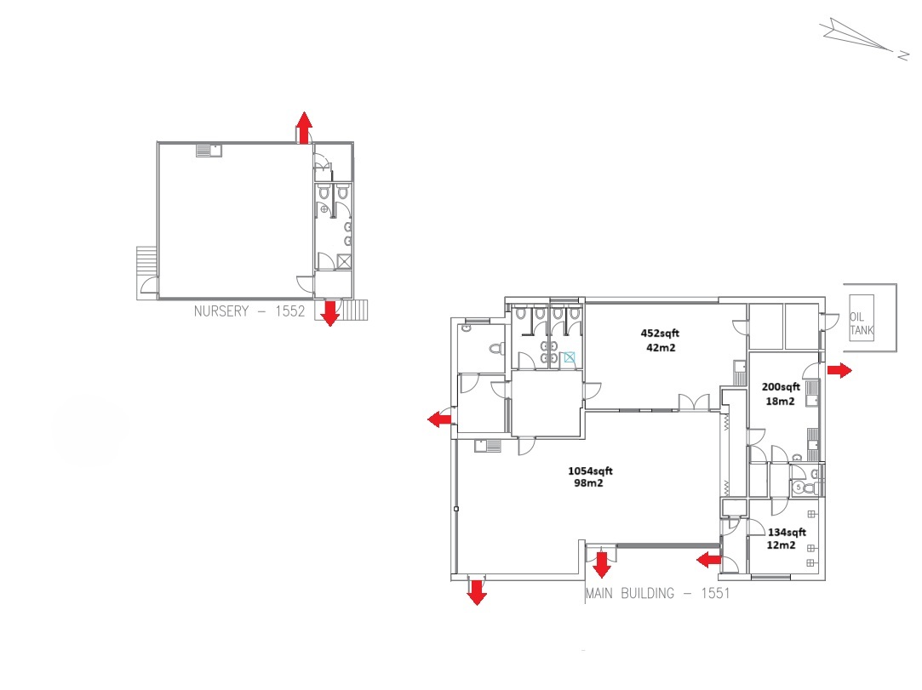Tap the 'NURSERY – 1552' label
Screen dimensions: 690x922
point(249,311)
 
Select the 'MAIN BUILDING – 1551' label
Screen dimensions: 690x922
point(656,593)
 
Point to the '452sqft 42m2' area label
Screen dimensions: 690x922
point(660,340)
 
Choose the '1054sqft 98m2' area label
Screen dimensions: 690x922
point(590,476)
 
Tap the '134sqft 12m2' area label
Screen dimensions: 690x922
point(781,539)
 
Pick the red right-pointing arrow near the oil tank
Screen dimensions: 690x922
point(839,370)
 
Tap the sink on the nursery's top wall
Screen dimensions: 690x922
point(209,151)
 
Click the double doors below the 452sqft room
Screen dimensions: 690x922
point(693,402)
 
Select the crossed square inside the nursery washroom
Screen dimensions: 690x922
point(343,261)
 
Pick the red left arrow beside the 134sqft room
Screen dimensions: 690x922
point(708,559)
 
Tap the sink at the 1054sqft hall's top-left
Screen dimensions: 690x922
point(488,445)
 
